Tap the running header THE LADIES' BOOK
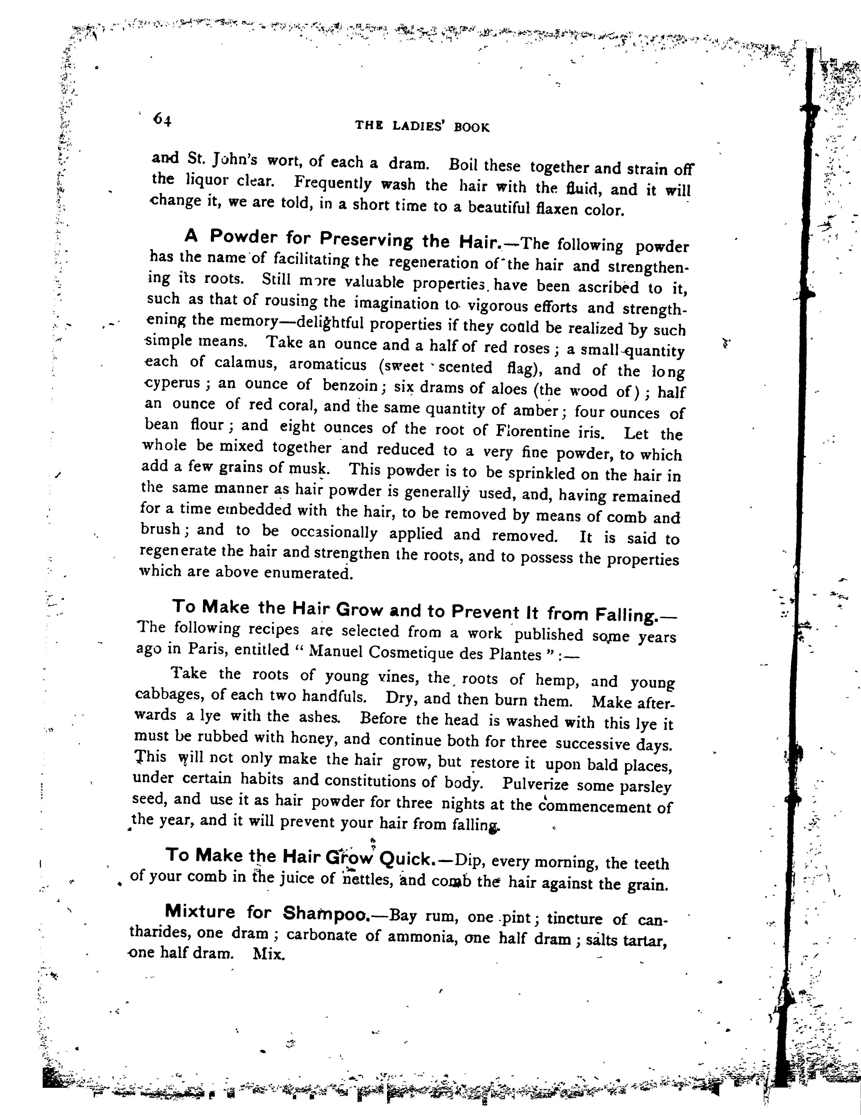coord(422,127)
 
